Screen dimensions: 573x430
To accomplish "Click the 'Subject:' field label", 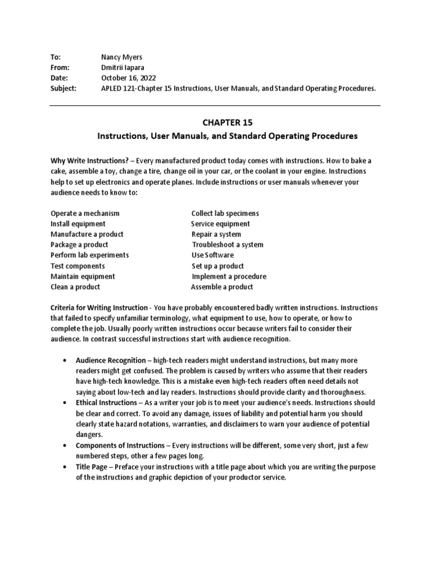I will pyautogui.click(x=63, y=88).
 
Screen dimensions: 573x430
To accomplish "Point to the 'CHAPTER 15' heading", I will pyautogui.click(x=227, y=121).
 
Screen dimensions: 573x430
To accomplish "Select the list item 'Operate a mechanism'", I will pyautogui.click(x=85, y=213).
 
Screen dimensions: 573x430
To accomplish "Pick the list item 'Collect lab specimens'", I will pyautogui.click(x=225, y=213).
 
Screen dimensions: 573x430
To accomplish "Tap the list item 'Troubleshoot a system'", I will pyautogui.click(x=227, y=245).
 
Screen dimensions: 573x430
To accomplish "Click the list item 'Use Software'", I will pyautogui.click(x=213, y=255).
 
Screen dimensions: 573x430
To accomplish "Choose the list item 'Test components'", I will pyautogui.click(x=77, y=266).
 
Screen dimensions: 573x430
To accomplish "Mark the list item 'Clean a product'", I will pyautogui.click(x=75, y=286).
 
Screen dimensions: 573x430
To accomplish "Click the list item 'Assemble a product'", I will pyautogui.click(x=222, y=286).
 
